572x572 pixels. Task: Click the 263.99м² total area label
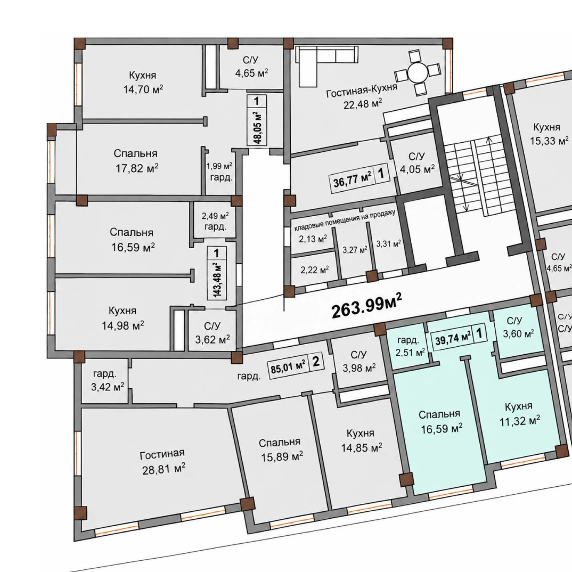[366, 305]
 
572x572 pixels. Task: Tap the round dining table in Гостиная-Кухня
[418, 72]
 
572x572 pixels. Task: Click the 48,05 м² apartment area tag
[257, 120]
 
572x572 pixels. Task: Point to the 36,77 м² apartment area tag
[359, 176]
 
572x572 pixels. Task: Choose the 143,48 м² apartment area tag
[217, 273]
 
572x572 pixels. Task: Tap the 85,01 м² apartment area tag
[296, 364]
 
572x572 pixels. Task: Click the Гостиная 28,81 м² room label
[162, 462]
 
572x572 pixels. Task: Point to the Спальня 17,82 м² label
[136, 160]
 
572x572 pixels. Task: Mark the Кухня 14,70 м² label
[143, 82]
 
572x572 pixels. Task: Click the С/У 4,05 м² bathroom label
[416, 163]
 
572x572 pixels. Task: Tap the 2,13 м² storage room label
[313, 239]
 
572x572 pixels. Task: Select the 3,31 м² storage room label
[389, 243]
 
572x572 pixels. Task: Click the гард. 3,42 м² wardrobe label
[107, 380]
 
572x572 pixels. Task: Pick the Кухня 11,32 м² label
[519, 414]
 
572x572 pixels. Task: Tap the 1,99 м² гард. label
[219, 172]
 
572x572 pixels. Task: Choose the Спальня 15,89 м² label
[281, 450]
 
